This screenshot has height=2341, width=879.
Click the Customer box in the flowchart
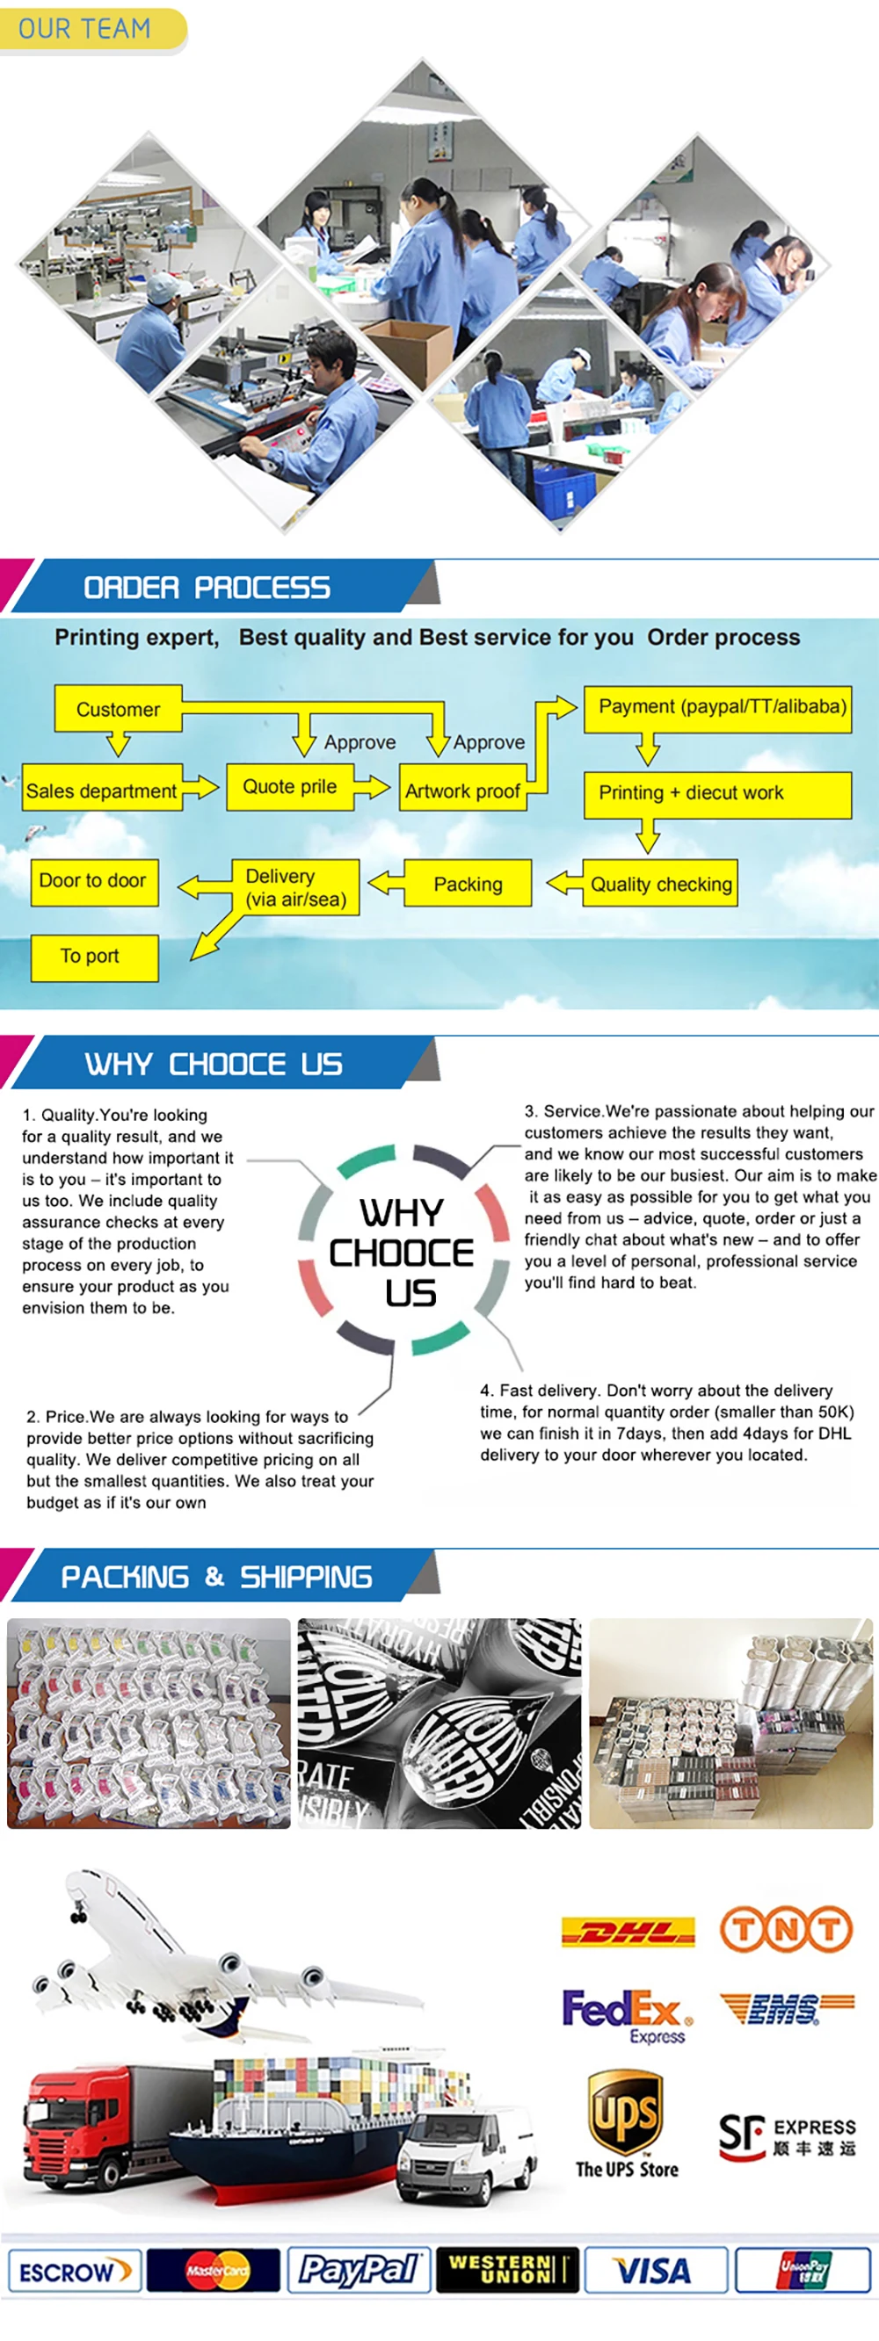(118, 709)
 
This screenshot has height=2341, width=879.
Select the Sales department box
(102, 791)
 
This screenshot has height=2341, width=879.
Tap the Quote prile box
(289, 786)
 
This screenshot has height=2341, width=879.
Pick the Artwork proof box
(462, 791)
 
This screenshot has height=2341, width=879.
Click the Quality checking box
(661, 884)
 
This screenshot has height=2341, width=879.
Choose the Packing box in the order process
(468, 884)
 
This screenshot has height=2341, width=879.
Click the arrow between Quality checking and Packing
(563, 882)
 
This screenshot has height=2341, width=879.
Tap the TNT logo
(787, 1929)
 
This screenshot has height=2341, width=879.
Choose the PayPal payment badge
(359, 2270)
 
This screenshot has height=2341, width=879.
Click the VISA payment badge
(655, 2271)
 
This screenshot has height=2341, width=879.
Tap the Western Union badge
(506, 2270)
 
